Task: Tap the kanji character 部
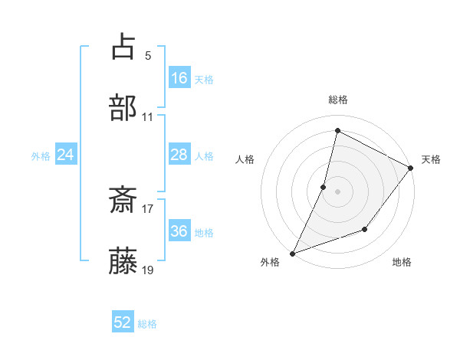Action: pyautogui.click(x=123, y=107)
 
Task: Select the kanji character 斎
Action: pyautogui.click(x=123, y=201)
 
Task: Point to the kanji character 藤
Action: pyautogui.click(x=123, y=262)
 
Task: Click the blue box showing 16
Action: pyautogui.click(x=179, y=78)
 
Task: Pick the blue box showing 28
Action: pyautogui.click(x=179, y=155)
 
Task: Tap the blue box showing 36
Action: pyautogui.click(x=179, y=231)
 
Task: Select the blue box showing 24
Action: pyautogui.click(x=66, y=155)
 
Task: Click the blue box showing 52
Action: pyautogui.click(x=123, y=323)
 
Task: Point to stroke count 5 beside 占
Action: pyautogui.click(x=148, y=55)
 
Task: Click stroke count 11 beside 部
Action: pyautogui.click(x=148, y=117)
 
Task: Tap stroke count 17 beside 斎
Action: pyautogui.click(x=148, y=208)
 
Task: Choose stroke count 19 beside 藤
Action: pyautogui.click(x=148, y=270)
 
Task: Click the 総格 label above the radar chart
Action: pyautogui.click(x=337, y=100)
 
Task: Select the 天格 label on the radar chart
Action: pyautogui.click(x=431, y=159)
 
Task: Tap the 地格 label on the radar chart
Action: pyautogui.click(x=402, y=263)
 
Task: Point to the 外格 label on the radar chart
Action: pyautogui.click(x=270, y=263)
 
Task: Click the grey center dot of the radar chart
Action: pyautogui.click(x=337, y=191)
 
